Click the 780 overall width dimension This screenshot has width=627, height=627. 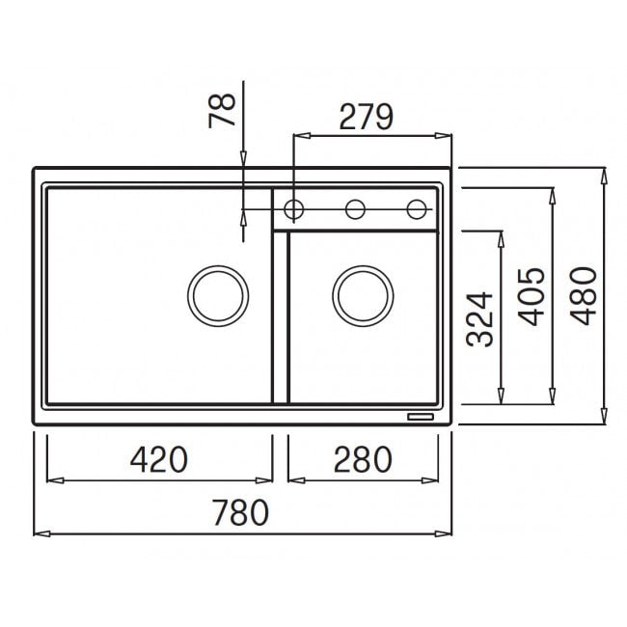[x=241, y=512]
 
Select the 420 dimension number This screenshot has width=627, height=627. [x=159, y=459]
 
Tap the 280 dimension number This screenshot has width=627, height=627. [x=363, y=459]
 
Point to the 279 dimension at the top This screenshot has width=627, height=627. [x=366, y=117]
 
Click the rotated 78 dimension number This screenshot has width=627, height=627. [x=222, y=110]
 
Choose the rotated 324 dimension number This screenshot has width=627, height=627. [x=479, y=319]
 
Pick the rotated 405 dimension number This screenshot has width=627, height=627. [x=532, y=297]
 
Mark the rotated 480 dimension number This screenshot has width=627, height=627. [x=583, y=296]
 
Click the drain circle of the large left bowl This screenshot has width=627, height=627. [x=218, y=266]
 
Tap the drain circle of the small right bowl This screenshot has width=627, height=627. [x=363, y=266]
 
